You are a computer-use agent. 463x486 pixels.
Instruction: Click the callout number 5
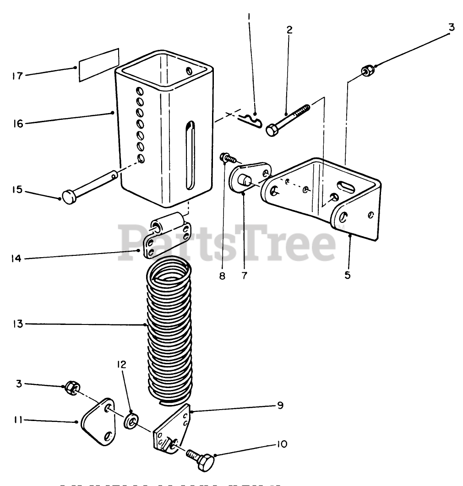tap(348, 275)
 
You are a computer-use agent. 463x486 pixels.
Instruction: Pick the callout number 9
tap(280, 405)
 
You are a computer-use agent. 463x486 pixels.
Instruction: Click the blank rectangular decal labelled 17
tap(98, 65)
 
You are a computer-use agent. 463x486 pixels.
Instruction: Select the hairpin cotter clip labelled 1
tap(250, 121)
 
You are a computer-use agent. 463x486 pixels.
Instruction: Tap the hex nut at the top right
tap(367, 71)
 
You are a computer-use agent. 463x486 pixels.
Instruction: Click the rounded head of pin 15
tap(69, 197)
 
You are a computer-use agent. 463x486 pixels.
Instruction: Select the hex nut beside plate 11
tap(71, 388)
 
